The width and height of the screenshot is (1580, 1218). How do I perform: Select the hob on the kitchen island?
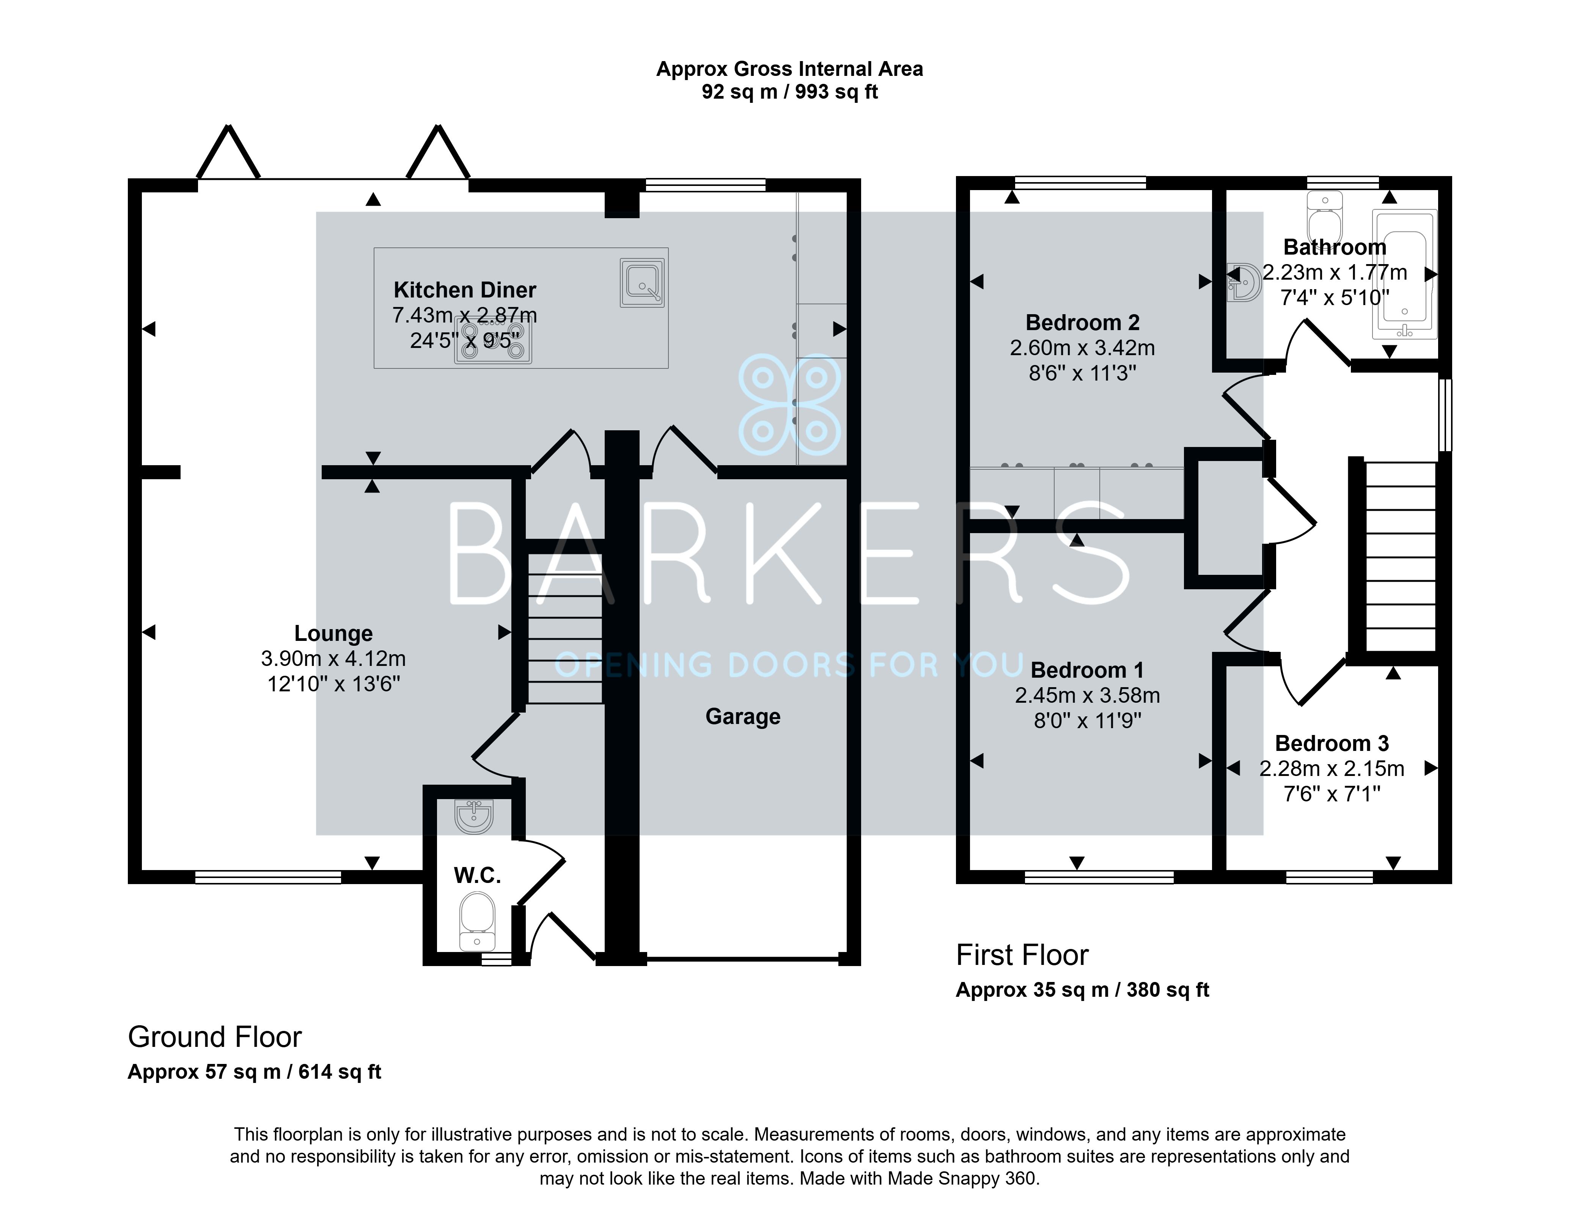click(x=493, y=341)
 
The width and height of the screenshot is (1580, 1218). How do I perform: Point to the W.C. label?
click(x=477, y=876)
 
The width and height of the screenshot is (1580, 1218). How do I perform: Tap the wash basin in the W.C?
click(x=474, y=816)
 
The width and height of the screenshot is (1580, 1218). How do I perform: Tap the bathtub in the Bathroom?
click(x=1404, y=275)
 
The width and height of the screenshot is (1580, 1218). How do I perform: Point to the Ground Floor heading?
click(x=215, y=1037)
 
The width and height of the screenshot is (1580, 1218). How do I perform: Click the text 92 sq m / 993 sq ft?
click(x=789, y=92)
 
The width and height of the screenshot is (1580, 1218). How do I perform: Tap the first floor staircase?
click(x=1400, y=557)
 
